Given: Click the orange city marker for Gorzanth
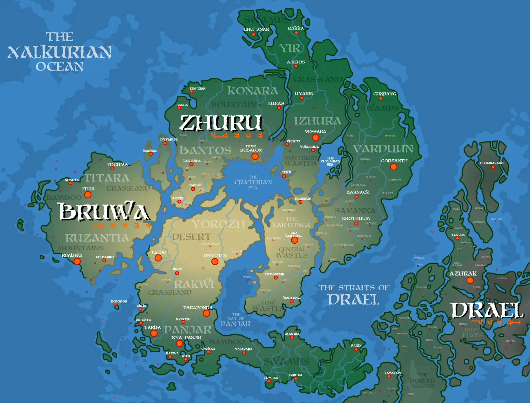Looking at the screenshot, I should tap(393, 167).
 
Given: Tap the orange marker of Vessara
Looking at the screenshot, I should tap(315, 138).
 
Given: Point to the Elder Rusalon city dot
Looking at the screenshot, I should tap(255, 156).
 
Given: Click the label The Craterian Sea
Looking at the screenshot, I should tap(253, 182).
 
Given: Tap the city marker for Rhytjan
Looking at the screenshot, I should tap(215, 262).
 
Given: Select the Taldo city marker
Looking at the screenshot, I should tap(158, 258).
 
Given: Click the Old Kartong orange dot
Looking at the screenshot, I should tap(295, 240).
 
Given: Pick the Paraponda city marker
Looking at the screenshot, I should tap(206, 313).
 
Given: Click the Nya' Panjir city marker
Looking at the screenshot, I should tap(180, 344).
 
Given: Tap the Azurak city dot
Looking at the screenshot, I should tap(470, 280).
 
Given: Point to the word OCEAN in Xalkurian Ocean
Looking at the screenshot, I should tap(60, 67).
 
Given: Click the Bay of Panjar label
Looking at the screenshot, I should tap(235, 320).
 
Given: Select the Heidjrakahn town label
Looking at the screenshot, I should tap(491, 163).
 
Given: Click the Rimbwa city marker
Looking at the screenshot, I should tap(77, 261).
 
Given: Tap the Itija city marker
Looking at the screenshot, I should tap(88, 195).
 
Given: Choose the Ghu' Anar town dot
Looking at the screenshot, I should tap(253, 34).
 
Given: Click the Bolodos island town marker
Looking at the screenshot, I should tap(115, 304).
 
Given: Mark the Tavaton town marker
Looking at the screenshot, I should tap(389, 377).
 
